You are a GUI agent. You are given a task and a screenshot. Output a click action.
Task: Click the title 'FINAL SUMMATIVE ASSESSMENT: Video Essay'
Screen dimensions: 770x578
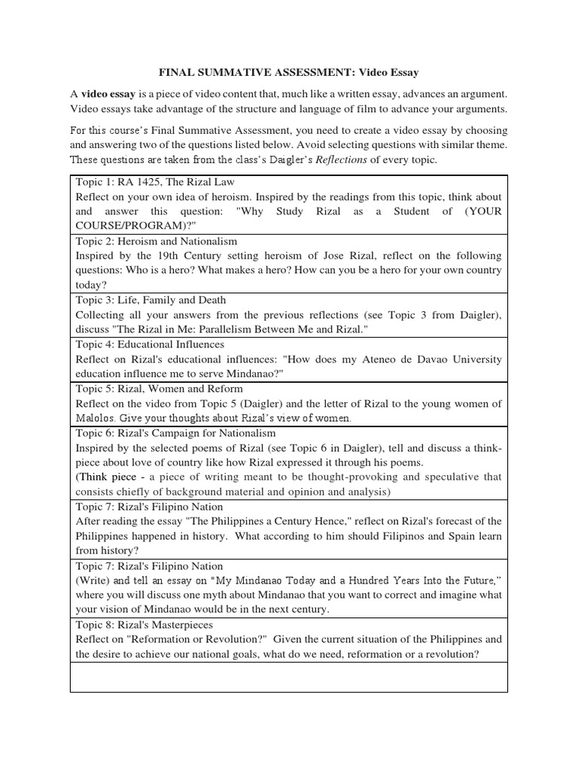(288, 73)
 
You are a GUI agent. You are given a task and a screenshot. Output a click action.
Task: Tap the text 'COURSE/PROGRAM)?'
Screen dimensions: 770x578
(125, 226)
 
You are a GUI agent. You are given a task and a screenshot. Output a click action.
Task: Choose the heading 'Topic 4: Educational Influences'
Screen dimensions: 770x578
(150, 344)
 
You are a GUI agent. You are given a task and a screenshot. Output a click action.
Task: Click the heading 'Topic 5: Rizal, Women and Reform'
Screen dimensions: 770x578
(159, 389)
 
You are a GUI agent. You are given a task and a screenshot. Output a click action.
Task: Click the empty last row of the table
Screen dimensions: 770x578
(288, 677)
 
